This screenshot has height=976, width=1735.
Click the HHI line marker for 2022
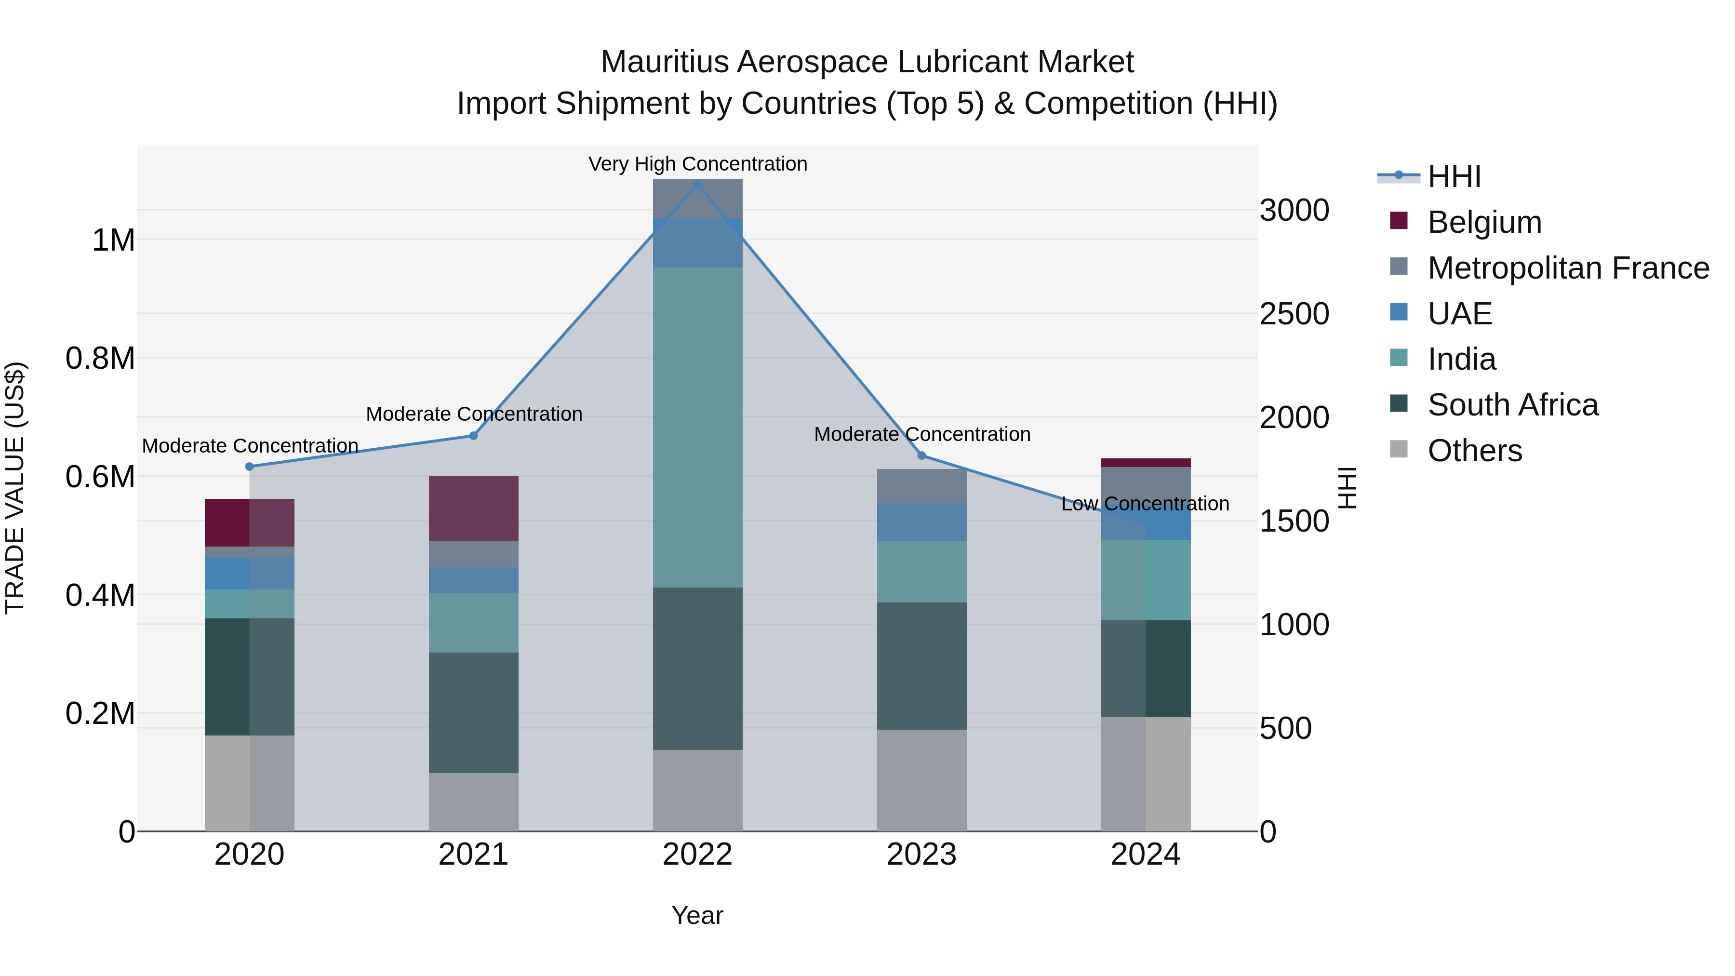tap(697, 185)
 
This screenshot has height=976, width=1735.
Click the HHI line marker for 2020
tap(249, 467)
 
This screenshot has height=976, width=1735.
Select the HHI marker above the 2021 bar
tap(473, 436)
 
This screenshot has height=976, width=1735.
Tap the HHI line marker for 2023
tap(921, 456)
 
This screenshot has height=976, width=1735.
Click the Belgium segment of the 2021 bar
tap(473, 508)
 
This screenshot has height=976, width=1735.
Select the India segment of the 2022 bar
tap(697, 427)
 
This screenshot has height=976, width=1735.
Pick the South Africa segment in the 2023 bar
tap(921, 666)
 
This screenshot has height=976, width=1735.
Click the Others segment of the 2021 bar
tap(473, 802)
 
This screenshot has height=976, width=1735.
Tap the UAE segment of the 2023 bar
tap(921, 522)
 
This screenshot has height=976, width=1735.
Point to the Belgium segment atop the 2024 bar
tap(1145, 463)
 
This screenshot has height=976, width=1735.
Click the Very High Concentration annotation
tap(697, 164)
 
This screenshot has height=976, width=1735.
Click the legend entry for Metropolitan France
tap(1568, 268)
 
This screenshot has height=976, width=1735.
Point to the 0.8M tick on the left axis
tap(100, 358)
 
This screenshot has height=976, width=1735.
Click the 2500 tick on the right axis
tap(1294, 314)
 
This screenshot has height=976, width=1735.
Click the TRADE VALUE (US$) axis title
tap(15, 488)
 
